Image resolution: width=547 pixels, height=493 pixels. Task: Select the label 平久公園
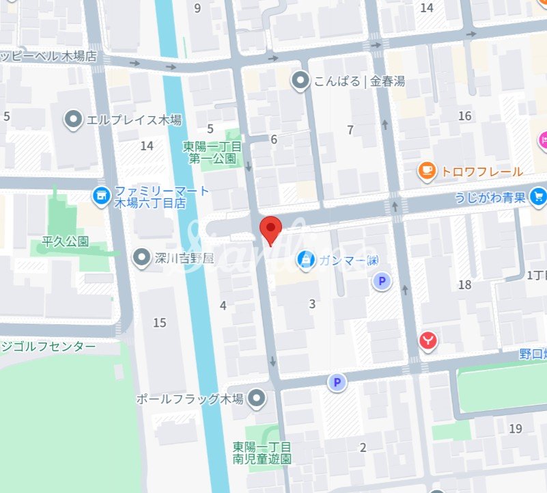coord(66,243)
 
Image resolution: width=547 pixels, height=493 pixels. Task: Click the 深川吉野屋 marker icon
coord(141,258)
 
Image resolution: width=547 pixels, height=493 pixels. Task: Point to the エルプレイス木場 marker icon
coord(74,120)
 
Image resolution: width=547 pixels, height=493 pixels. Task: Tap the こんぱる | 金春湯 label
coord(359,81)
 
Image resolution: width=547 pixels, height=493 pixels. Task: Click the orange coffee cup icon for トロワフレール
coord(427,172)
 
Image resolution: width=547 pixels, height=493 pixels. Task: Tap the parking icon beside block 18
coord(381,280)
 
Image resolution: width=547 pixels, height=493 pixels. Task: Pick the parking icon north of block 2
coord(336,382)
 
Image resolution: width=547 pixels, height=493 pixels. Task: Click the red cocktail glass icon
coord(428,340)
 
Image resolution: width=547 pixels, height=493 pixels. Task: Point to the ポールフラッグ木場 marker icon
coord(257,398)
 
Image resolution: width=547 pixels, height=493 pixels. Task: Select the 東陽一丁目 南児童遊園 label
coord(262,453)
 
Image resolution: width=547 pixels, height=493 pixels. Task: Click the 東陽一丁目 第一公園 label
coord(212,152)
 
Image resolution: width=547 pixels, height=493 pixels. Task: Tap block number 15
coord(160,323)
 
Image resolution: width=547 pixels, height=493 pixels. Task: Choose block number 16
coord(465,116)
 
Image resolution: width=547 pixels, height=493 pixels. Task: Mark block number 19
coord(516,429)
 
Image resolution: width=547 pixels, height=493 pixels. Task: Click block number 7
coord(350,130)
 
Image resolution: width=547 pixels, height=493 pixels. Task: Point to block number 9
coord(198,8)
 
